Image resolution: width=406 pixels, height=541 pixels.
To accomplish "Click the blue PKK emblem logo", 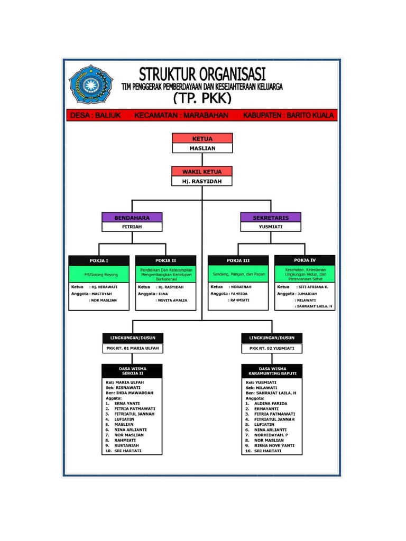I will tap(91, 85).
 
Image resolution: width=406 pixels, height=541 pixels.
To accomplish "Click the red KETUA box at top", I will tap(202, 138).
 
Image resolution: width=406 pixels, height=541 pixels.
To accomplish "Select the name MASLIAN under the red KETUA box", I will tap(202, 148).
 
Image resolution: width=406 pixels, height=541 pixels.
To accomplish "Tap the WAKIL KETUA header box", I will tap(202, 172).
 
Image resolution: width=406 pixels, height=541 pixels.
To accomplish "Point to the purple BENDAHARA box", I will tap(132, 217).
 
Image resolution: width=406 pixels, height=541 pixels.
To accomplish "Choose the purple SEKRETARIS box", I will tap(271, 217).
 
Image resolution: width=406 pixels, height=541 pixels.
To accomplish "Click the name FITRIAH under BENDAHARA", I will tap(132, 227).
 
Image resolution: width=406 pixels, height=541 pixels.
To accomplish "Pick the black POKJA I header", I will tap(99, 260).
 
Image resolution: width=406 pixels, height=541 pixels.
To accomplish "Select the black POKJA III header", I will tap(238, 260).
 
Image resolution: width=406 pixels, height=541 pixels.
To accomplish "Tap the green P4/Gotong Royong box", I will tap(99, 275).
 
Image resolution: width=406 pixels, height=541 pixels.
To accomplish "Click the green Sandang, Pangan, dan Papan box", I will tap(238, 275).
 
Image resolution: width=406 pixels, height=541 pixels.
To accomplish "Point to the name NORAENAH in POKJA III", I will tap(240, 287).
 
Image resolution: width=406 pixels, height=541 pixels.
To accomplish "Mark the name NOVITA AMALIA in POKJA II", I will tap(171, 300).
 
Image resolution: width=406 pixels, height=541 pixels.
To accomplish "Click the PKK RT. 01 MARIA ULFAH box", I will tap(133, 349).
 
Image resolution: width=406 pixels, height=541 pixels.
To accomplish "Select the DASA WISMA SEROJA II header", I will tap(133, 370).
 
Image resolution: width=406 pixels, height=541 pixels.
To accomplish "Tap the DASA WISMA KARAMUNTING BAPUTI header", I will tap(272, 370).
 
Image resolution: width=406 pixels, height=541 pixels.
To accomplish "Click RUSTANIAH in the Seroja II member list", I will tap(127, 445).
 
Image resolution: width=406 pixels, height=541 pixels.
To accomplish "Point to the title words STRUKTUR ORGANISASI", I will tap(202, 73).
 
